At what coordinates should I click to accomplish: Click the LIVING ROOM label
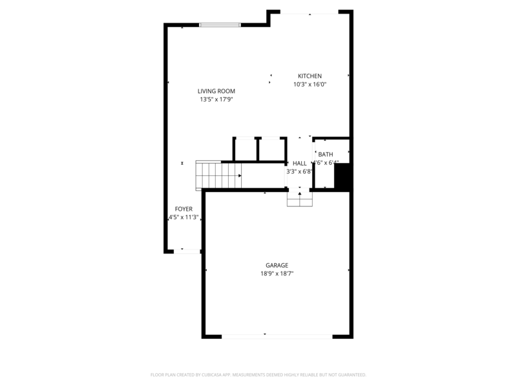[216, 91]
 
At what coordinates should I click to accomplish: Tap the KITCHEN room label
[310, 76]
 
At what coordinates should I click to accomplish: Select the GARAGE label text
[277, 266]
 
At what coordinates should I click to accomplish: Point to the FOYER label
[184, 209]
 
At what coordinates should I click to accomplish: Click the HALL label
[300, 164]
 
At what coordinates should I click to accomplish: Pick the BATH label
[326, 155]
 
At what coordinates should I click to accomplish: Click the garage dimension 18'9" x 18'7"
[277, 274]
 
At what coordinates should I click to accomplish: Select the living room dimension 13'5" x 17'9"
[216, 100]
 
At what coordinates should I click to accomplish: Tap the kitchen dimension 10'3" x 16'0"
[310, 85]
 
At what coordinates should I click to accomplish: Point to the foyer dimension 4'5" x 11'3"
[184, 217]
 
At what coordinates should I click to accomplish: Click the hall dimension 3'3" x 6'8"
[300, 172]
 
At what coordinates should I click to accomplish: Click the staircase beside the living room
[219, 175]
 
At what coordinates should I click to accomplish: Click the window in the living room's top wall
[220, 25]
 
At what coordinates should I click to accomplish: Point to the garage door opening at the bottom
[277, 336]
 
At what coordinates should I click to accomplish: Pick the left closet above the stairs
[245, 149]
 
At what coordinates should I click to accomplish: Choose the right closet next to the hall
[271, 149]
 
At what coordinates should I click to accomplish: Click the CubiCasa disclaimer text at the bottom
[258, 374]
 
